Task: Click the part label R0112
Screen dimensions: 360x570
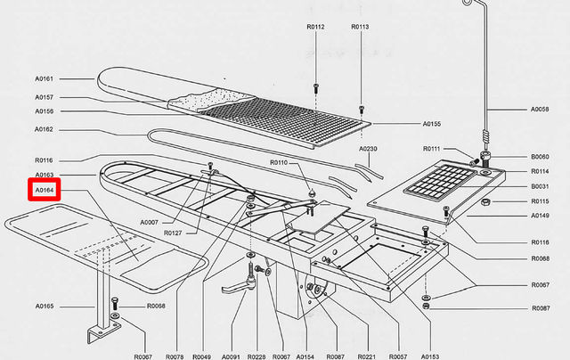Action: [315, 27]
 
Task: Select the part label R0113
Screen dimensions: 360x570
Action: [361, 27]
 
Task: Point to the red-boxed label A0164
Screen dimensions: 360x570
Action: [45, 190]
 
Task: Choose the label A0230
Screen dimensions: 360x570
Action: [369, 148]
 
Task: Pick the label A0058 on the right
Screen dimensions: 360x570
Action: [541, 110]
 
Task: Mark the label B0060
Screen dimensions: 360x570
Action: [541, 156]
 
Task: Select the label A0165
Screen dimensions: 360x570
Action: [45, 306]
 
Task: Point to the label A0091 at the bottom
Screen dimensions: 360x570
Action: [231, 356]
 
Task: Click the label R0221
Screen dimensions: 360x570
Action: [367, 356]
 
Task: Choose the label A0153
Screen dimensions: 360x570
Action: [429, 356]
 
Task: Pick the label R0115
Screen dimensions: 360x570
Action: [541, 201]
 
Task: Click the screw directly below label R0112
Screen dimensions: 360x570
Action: [315, 87]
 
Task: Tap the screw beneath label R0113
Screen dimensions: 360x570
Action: [361, 109]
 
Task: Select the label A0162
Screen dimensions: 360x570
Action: [45, 129]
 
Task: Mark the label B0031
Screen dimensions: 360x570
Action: [541, 186]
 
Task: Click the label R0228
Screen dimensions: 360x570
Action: [256, 356]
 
